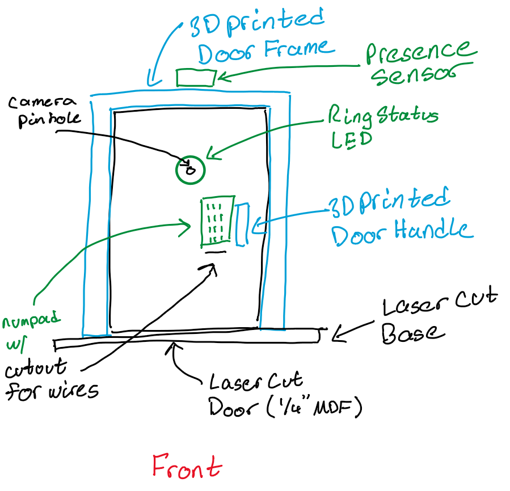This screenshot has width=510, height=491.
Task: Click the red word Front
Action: point(186,467)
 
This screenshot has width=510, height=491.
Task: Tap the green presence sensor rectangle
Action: point(195,77)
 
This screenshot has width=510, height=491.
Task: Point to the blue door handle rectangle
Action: point(242,225)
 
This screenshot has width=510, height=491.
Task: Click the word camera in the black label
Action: point(43,103)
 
